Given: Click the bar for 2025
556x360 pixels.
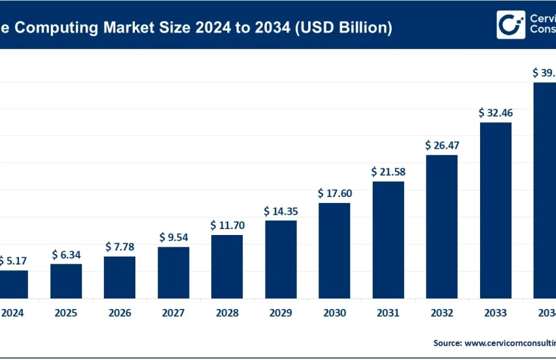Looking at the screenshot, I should click(66, 281).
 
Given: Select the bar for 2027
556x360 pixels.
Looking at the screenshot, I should click(173, 272).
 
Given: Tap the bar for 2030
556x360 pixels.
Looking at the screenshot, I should click(334, 250).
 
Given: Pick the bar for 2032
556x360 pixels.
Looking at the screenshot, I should click(442, 226).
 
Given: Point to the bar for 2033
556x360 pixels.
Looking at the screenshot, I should click(496, 210).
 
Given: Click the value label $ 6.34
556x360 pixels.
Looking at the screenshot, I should click(66, 254).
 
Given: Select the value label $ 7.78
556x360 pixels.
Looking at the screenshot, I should click(120, 247).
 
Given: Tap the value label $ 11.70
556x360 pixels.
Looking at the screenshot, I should click(227, 225).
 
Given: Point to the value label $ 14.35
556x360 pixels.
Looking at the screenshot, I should click(281, 211).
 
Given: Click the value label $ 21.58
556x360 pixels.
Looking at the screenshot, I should click(388, 171).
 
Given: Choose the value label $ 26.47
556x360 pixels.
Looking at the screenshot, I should click(442, 145).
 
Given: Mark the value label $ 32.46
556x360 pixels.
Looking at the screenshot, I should click(496, 113).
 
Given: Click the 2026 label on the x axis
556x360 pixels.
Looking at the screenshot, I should click(120, 313).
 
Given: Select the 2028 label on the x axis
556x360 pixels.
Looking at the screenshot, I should click(227, 313).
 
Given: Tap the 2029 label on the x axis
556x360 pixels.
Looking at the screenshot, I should click(281, 313).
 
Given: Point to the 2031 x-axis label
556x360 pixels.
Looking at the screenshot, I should click(388, 313).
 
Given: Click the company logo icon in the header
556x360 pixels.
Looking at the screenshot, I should click(510, 25).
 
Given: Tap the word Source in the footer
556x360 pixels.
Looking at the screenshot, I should click(447, 342).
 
